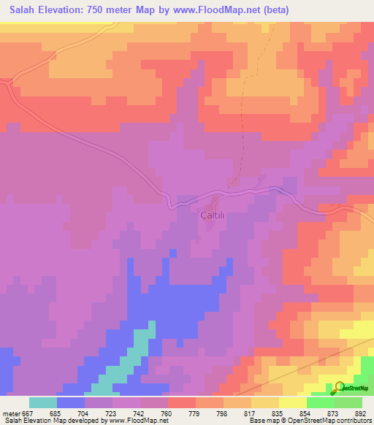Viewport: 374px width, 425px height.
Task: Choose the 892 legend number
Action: tap(359, 413)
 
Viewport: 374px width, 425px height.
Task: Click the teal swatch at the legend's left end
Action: tap(43, 402)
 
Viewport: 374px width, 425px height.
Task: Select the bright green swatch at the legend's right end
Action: tap(348, 402)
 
